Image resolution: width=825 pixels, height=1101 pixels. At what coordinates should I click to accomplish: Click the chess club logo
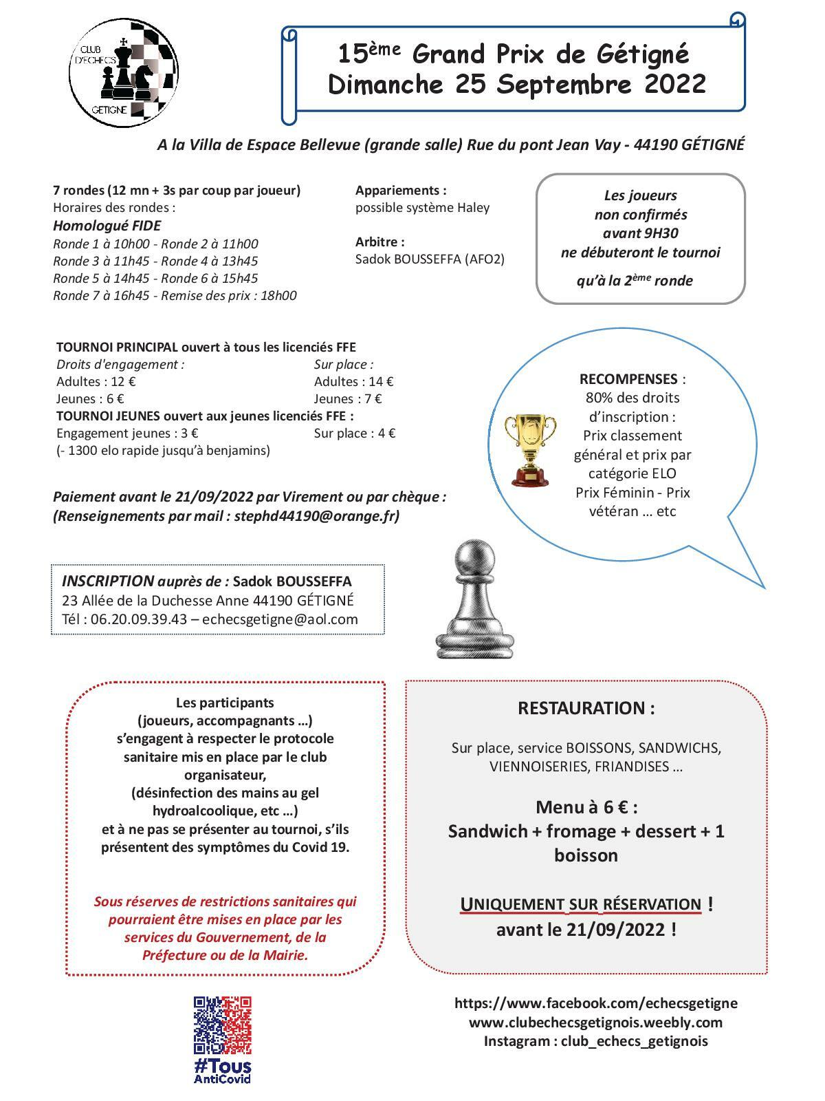125,73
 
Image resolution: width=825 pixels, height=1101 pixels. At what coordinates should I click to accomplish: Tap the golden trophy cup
530,449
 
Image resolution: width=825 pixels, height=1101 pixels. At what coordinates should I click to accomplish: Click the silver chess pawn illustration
474,598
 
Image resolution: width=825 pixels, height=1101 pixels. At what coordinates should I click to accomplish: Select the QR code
222,1025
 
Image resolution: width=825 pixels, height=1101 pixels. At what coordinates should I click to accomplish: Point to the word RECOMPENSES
628,379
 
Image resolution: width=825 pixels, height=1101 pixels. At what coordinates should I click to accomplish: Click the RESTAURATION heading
586,708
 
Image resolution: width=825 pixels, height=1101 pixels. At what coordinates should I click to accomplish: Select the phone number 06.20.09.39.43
139,619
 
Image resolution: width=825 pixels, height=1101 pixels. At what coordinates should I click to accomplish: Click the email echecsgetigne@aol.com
280,619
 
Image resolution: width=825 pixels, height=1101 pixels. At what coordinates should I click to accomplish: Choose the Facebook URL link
595,1003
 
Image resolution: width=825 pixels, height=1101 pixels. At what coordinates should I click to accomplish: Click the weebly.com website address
595,1022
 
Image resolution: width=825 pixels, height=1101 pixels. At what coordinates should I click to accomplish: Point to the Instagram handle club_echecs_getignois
634,1040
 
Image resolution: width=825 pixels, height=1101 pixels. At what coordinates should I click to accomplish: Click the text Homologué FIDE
107,226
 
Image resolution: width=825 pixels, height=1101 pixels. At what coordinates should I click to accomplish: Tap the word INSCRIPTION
108,581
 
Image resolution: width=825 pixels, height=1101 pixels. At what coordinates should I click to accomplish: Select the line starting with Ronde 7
175,296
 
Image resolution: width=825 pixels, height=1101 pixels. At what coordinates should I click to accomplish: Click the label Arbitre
379,242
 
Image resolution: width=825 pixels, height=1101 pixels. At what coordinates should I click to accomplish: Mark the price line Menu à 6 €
586,806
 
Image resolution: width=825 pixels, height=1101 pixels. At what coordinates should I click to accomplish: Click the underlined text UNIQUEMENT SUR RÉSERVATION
580,904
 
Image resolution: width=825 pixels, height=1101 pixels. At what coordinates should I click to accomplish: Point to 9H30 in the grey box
659,233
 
